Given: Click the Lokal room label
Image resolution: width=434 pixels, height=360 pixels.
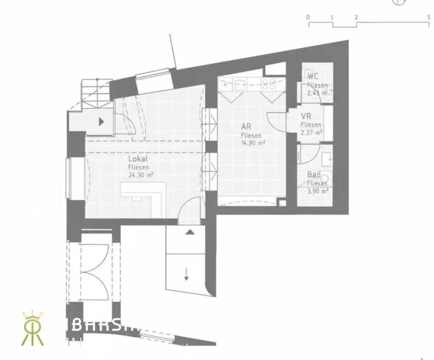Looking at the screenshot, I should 138,159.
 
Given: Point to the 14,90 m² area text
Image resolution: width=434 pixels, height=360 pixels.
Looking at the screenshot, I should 253,143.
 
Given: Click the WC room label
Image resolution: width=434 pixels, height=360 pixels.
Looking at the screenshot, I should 313,76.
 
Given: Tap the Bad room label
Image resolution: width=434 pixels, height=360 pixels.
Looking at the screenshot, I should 314,175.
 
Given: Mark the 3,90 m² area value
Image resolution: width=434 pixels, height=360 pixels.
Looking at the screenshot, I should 318,191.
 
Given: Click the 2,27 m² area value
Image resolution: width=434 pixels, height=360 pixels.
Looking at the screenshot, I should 312,132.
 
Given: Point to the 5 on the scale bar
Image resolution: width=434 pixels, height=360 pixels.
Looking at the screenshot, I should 429,17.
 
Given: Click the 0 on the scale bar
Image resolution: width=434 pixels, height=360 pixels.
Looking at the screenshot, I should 308,17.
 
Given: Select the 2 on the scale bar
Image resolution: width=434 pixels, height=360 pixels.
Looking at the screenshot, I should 356,17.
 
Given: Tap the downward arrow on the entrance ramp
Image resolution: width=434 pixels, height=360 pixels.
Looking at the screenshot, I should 186,276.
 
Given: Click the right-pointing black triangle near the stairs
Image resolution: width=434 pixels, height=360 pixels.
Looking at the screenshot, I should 101,122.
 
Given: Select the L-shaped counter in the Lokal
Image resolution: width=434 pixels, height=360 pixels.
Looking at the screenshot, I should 144,195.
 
